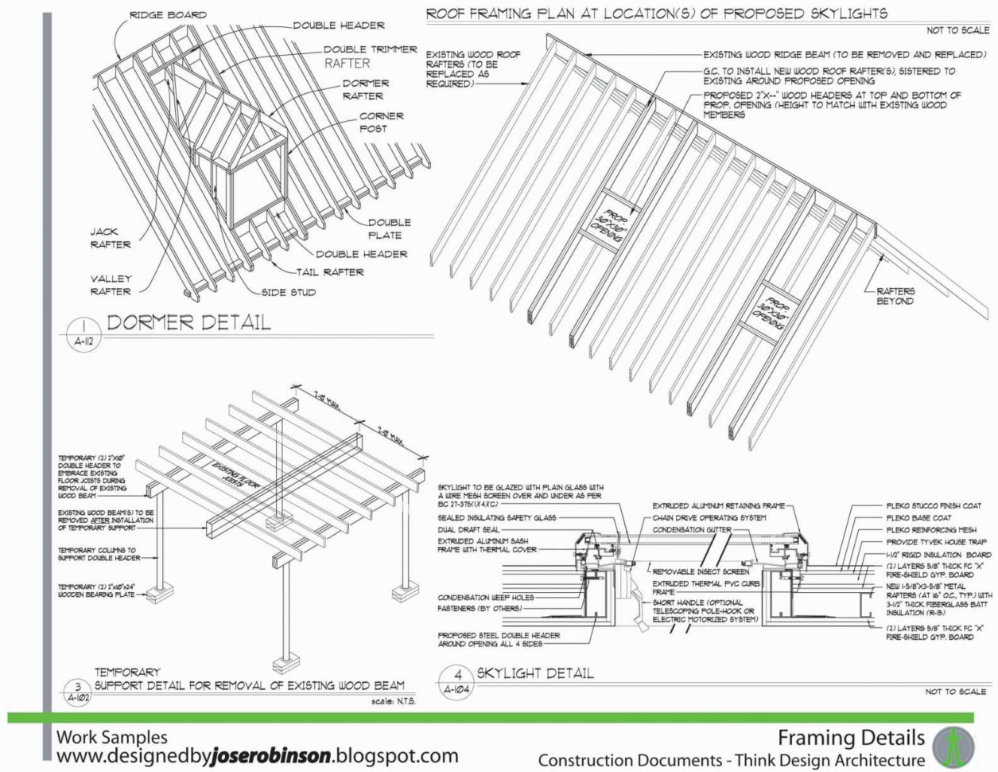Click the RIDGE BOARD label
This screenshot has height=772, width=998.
point(168,14)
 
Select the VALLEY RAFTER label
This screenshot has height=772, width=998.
point(111,285)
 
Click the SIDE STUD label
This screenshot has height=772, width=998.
point(289,292)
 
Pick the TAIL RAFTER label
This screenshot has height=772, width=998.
point(330,272)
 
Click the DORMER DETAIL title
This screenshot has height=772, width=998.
point(188,322)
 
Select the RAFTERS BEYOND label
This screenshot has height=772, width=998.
point(895,296)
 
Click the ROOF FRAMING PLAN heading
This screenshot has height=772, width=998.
point(656,14)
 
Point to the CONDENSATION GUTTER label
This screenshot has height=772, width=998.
point(692,529)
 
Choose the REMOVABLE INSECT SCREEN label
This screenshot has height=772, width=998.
point(701,571)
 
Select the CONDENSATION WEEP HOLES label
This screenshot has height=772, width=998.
point(485,597)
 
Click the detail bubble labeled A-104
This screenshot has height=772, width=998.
point(457,682)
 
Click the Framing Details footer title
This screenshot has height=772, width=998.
point(851,737)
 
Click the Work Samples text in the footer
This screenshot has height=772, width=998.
point(111,737)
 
